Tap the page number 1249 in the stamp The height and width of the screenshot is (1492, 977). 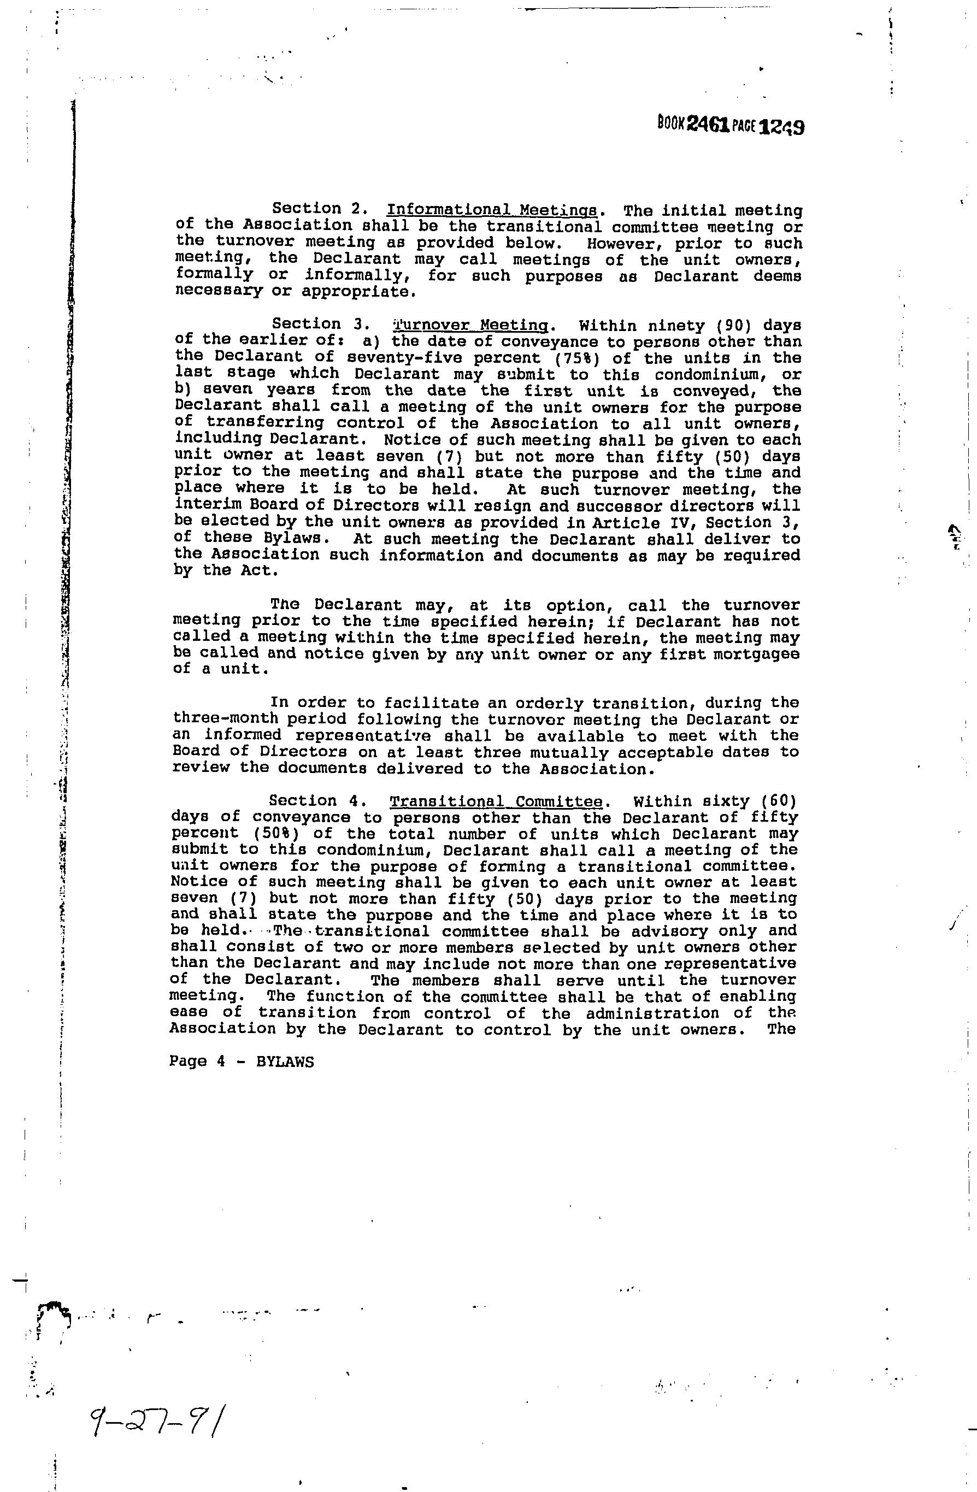coord(781,127)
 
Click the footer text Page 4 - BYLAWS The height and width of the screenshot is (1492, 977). coord(241,1062)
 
